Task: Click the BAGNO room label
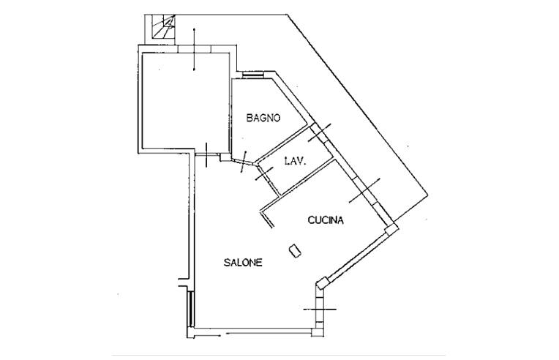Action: pos(263,118)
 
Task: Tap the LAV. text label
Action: pos(295,161)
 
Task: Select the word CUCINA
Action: pos(326,220)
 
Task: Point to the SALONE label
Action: pos(243,263)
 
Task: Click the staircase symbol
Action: pos(164,26)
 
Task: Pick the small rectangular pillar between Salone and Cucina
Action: pos(295,250)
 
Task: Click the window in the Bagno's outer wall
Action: pos(252,75)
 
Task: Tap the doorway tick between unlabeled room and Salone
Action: pos(206,154)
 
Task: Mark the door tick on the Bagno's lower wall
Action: pos(244,162)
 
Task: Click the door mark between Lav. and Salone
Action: pos(264,173)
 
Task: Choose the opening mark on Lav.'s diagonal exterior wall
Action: pos(320,132)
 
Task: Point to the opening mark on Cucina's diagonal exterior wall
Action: pos(364,191)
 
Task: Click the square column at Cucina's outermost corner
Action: pos(391,228)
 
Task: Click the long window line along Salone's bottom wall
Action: pos(269,334)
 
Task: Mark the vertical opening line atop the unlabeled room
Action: pos(194,49)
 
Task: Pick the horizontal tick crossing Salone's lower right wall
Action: pos(320,310)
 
